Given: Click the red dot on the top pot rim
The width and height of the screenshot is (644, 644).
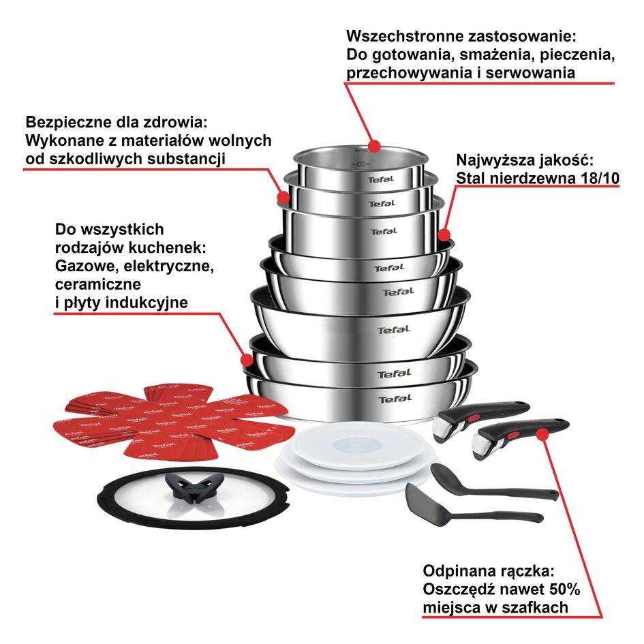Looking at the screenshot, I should tap(373, 145).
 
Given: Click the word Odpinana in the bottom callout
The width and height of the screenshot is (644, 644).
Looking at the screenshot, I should tap(457, 570).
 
